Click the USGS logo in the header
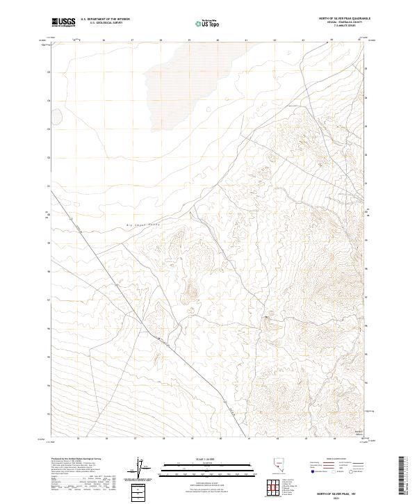click(63, 22)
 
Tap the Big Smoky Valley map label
click(143, 226)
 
